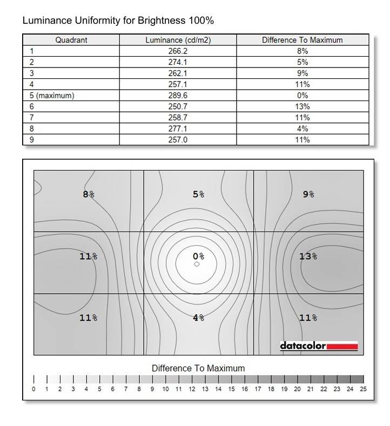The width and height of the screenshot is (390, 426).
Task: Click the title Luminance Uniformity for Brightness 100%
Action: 118,22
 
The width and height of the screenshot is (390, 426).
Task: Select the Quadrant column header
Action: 71,40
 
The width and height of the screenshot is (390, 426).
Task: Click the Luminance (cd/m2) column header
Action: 178,40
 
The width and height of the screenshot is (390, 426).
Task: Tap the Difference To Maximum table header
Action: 302,40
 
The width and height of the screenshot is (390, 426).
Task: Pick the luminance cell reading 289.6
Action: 178,95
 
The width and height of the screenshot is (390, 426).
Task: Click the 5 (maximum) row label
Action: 52,95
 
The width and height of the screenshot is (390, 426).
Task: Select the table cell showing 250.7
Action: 178,106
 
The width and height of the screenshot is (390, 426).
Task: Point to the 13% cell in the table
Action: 302,106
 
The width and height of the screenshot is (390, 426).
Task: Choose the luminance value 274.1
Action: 178,62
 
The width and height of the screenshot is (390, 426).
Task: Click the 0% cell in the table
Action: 302,95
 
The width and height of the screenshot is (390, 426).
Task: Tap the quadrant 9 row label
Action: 32,140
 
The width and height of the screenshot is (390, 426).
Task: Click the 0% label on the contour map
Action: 198,256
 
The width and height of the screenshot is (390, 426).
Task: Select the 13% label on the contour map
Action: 308,256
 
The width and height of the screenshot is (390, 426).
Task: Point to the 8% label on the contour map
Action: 89,194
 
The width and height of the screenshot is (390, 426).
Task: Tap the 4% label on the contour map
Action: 198,318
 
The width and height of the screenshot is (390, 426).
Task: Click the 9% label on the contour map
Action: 308,194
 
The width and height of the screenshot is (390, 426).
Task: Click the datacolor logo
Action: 319,346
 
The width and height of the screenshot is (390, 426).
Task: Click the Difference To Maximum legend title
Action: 198,368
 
